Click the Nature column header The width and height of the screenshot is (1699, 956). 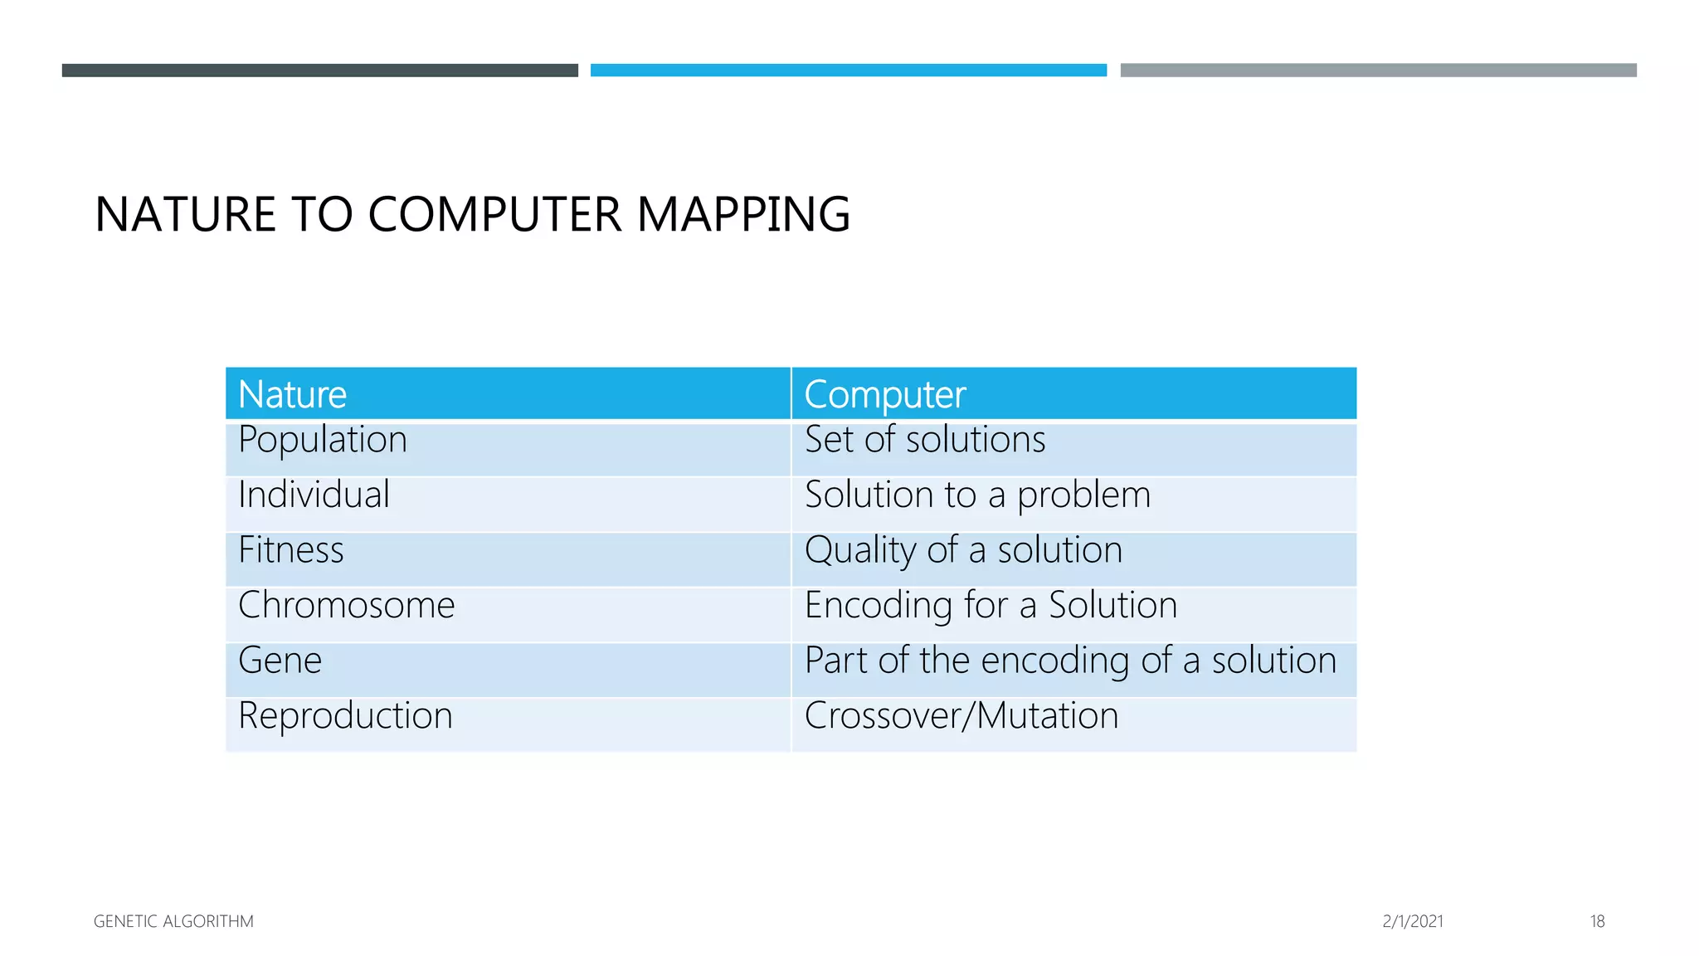click(292, 394)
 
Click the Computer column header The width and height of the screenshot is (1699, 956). click(884, 394)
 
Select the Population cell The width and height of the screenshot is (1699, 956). click(323, 440)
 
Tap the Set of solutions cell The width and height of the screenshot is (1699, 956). click(925, 440)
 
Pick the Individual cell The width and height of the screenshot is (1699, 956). click(314, 495)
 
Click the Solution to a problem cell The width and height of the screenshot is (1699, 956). click(977, 495)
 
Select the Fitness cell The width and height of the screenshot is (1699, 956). click(291, 550)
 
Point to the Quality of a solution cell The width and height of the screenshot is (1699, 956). click(963, 550)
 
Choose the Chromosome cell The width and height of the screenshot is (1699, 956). click(346, 605)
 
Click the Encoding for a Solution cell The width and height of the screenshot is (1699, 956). click(991, 605)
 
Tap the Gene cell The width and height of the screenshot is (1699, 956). click(280, 661)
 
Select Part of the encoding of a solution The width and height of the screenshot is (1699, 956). click(1070, 661)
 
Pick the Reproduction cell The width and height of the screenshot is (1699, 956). click(345, 715)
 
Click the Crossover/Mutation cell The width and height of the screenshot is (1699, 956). click(961, 715)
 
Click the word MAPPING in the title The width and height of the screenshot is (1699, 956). click(743, 214)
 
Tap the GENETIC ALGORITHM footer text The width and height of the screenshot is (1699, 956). click(173, 921)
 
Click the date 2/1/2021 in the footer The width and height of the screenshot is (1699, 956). click(1413, 921)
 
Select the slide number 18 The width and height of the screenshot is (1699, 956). click(1597, 921)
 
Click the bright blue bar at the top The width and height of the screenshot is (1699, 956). click(849, 71)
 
